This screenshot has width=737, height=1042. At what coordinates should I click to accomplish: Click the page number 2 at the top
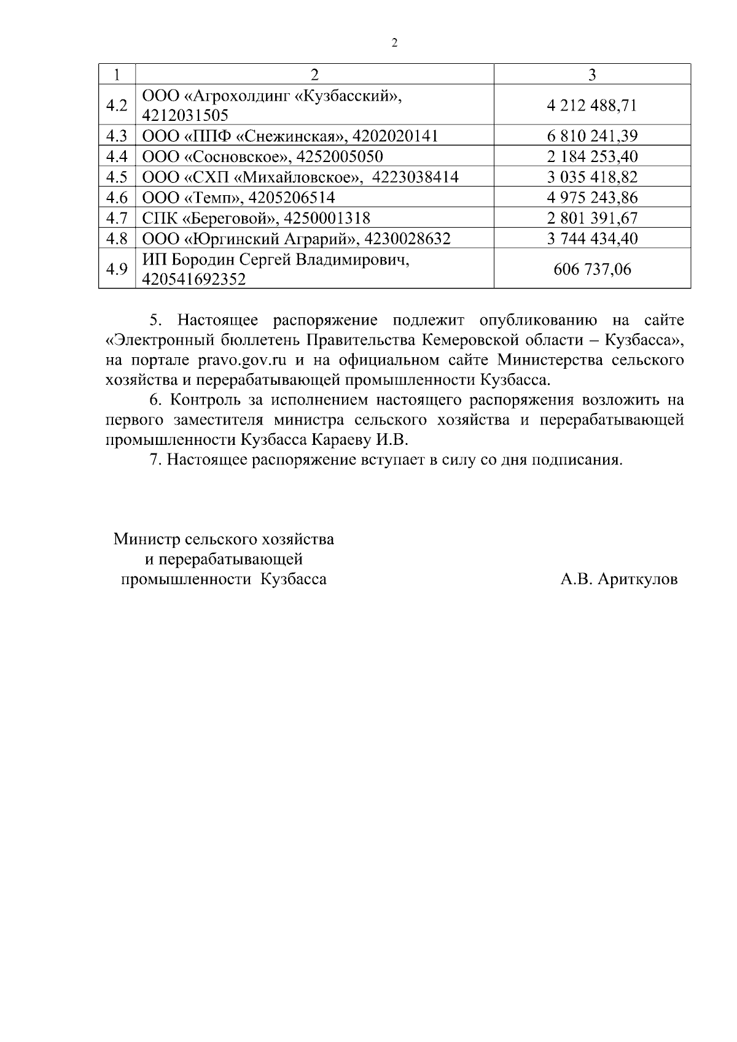(x=394, y=42)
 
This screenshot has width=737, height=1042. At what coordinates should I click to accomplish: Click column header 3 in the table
(x=592, y=74)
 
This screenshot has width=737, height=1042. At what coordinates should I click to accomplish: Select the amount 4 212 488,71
(x=592, y=106)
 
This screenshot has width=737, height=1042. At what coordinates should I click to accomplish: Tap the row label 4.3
(x=117, y=136)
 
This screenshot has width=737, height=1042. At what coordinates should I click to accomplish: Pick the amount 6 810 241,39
(x=592, y=136)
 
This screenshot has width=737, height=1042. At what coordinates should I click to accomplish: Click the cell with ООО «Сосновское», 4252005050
(x=263, y=156)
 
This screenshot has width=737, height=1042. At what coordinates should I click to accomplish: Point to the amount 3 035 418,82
(x=592, y=177)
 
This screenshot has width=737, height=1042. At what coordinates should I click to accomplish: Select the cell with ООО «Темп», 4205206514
(x=239, y=198)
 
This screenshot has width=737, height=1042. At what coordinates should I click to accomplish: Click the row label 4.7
(x=117, y=218)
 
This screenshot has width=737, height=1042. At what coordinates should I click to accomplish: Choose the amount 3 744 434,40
(x=592, y=239)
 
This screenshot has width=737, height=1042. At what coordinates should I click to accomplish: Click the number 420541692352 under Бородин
(x=194, y=280)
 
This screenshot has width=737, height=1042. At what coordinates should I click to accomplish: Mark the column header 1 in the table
(x=117, y=74)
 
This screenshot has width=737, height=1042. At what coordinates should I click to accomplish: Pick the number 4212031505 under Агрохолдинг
(x=185, y=115)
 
